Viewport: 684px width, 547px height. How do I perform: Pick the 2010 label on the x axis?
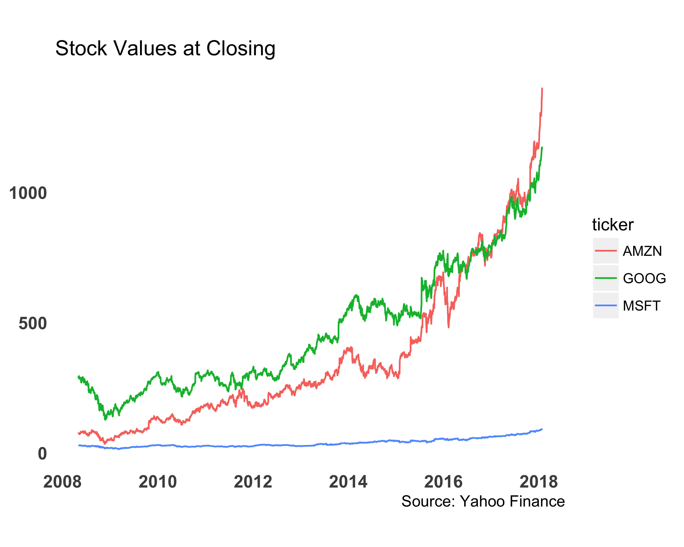point(158,482)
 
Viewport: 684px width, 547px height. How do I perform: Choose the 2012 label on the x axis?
point(253,482)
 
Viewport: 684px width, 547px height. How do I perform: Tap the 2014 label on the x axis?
point(348,482)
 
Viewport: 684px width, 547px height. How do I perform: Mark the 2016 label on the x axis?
point(443,482)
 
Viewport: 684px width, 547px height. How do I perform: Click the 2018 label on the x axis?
point(538,482)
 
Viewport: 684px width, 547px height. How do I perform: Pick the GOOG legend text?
point(644,278)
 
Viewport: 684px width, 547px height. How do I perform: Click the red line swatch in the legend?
point(606,251)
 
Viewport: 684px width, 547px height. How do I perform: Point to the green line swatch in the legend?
point(606,278)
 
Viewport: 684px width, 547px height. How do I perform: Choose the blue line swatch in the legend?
point(606,305)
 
